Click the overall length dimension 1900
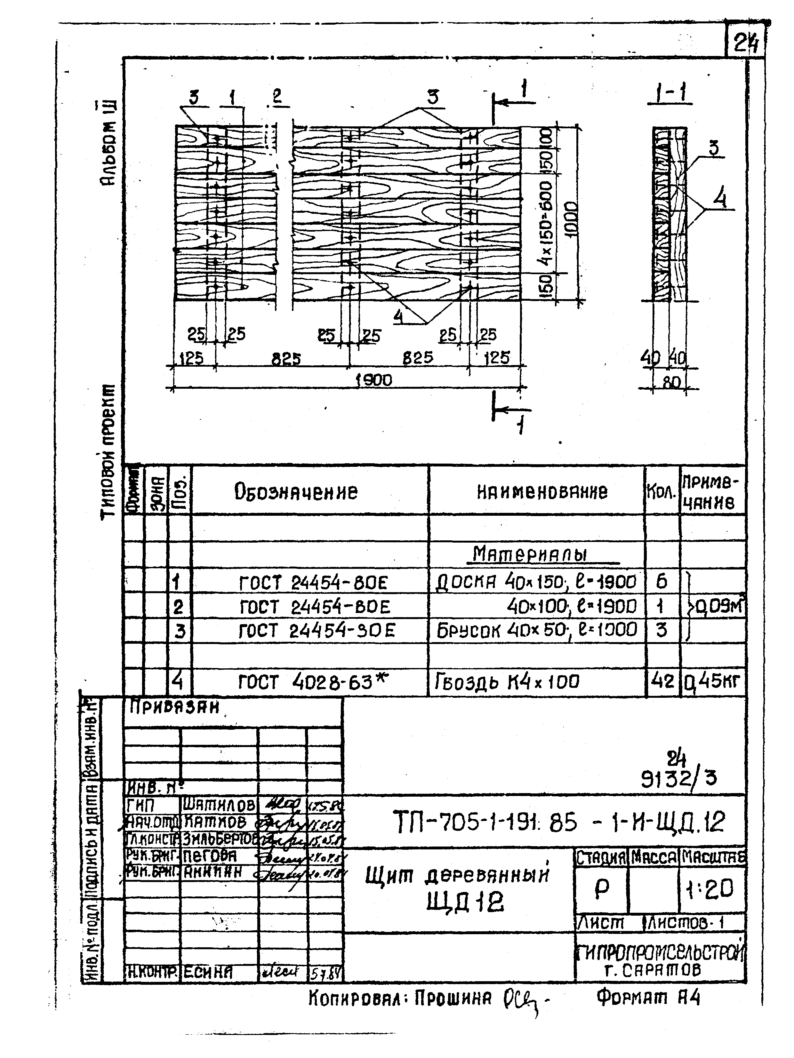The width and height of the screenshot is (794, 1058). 374,380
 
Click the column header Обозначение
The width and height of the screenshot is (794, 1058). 296,491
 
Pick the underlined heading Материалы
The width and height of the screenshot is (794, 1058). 529,554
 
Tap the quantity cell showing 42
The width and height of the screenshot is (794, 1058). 662,680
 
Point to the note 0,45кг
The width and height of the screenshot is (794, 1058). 713,680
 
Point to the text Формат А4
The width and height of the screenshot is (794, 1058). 648,997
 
